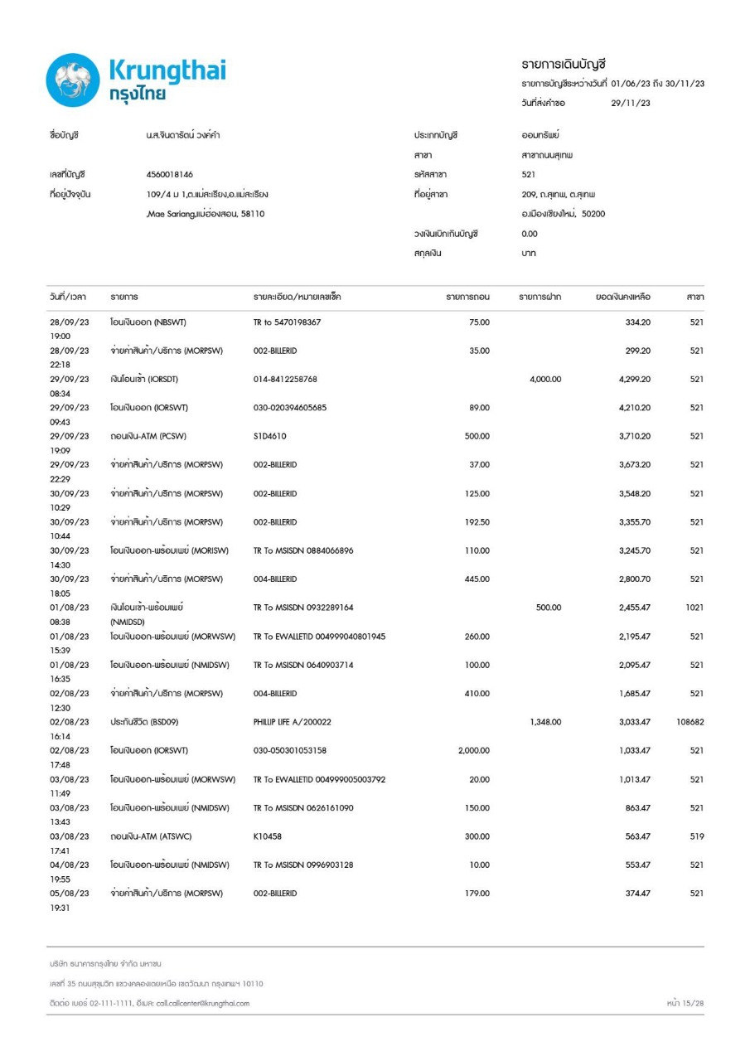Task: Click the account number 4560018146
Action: coord(169,175)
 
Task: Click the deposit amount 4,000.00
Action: coord(545,380)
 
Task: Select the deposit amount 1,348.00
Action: coord(545,723)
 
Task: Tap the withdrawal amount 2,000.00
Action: coord(473,751)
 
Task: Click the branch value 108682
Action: coord(690,723)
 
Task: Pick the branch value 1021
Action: coord(694,608)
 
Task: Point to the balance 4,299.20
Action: coord(634,380)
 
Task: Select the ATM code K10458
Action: coord(269,837)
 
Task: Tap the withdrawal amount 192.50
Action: coord(477,522)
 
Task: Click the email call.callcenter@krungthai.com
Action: coord(202,1004)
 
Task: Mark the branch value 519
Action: coord(696,837)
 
